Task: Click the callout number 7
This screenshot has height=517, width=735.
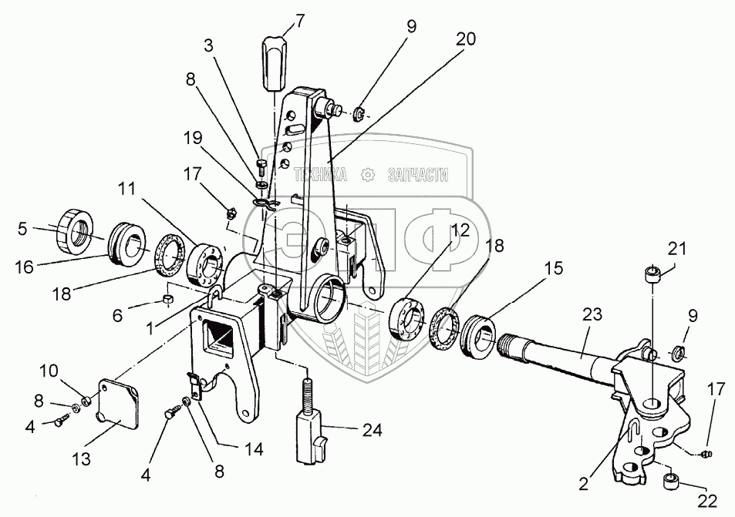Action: coord(278,18)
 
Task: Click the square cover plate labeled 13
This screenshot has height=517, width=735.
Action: coord(118,408)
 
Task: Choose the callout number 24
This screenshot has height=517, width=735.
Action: coord(373,429)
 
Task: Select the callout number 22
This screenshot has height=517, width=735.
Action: coord(707,502)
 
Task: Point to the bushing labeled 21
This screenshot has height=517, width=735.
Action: coord(652,275)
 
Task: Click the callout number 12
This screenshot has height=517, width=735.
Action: coord(460,230)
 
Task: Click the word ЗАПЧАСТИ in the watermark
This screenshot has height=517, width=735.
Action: coord(413,175)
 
